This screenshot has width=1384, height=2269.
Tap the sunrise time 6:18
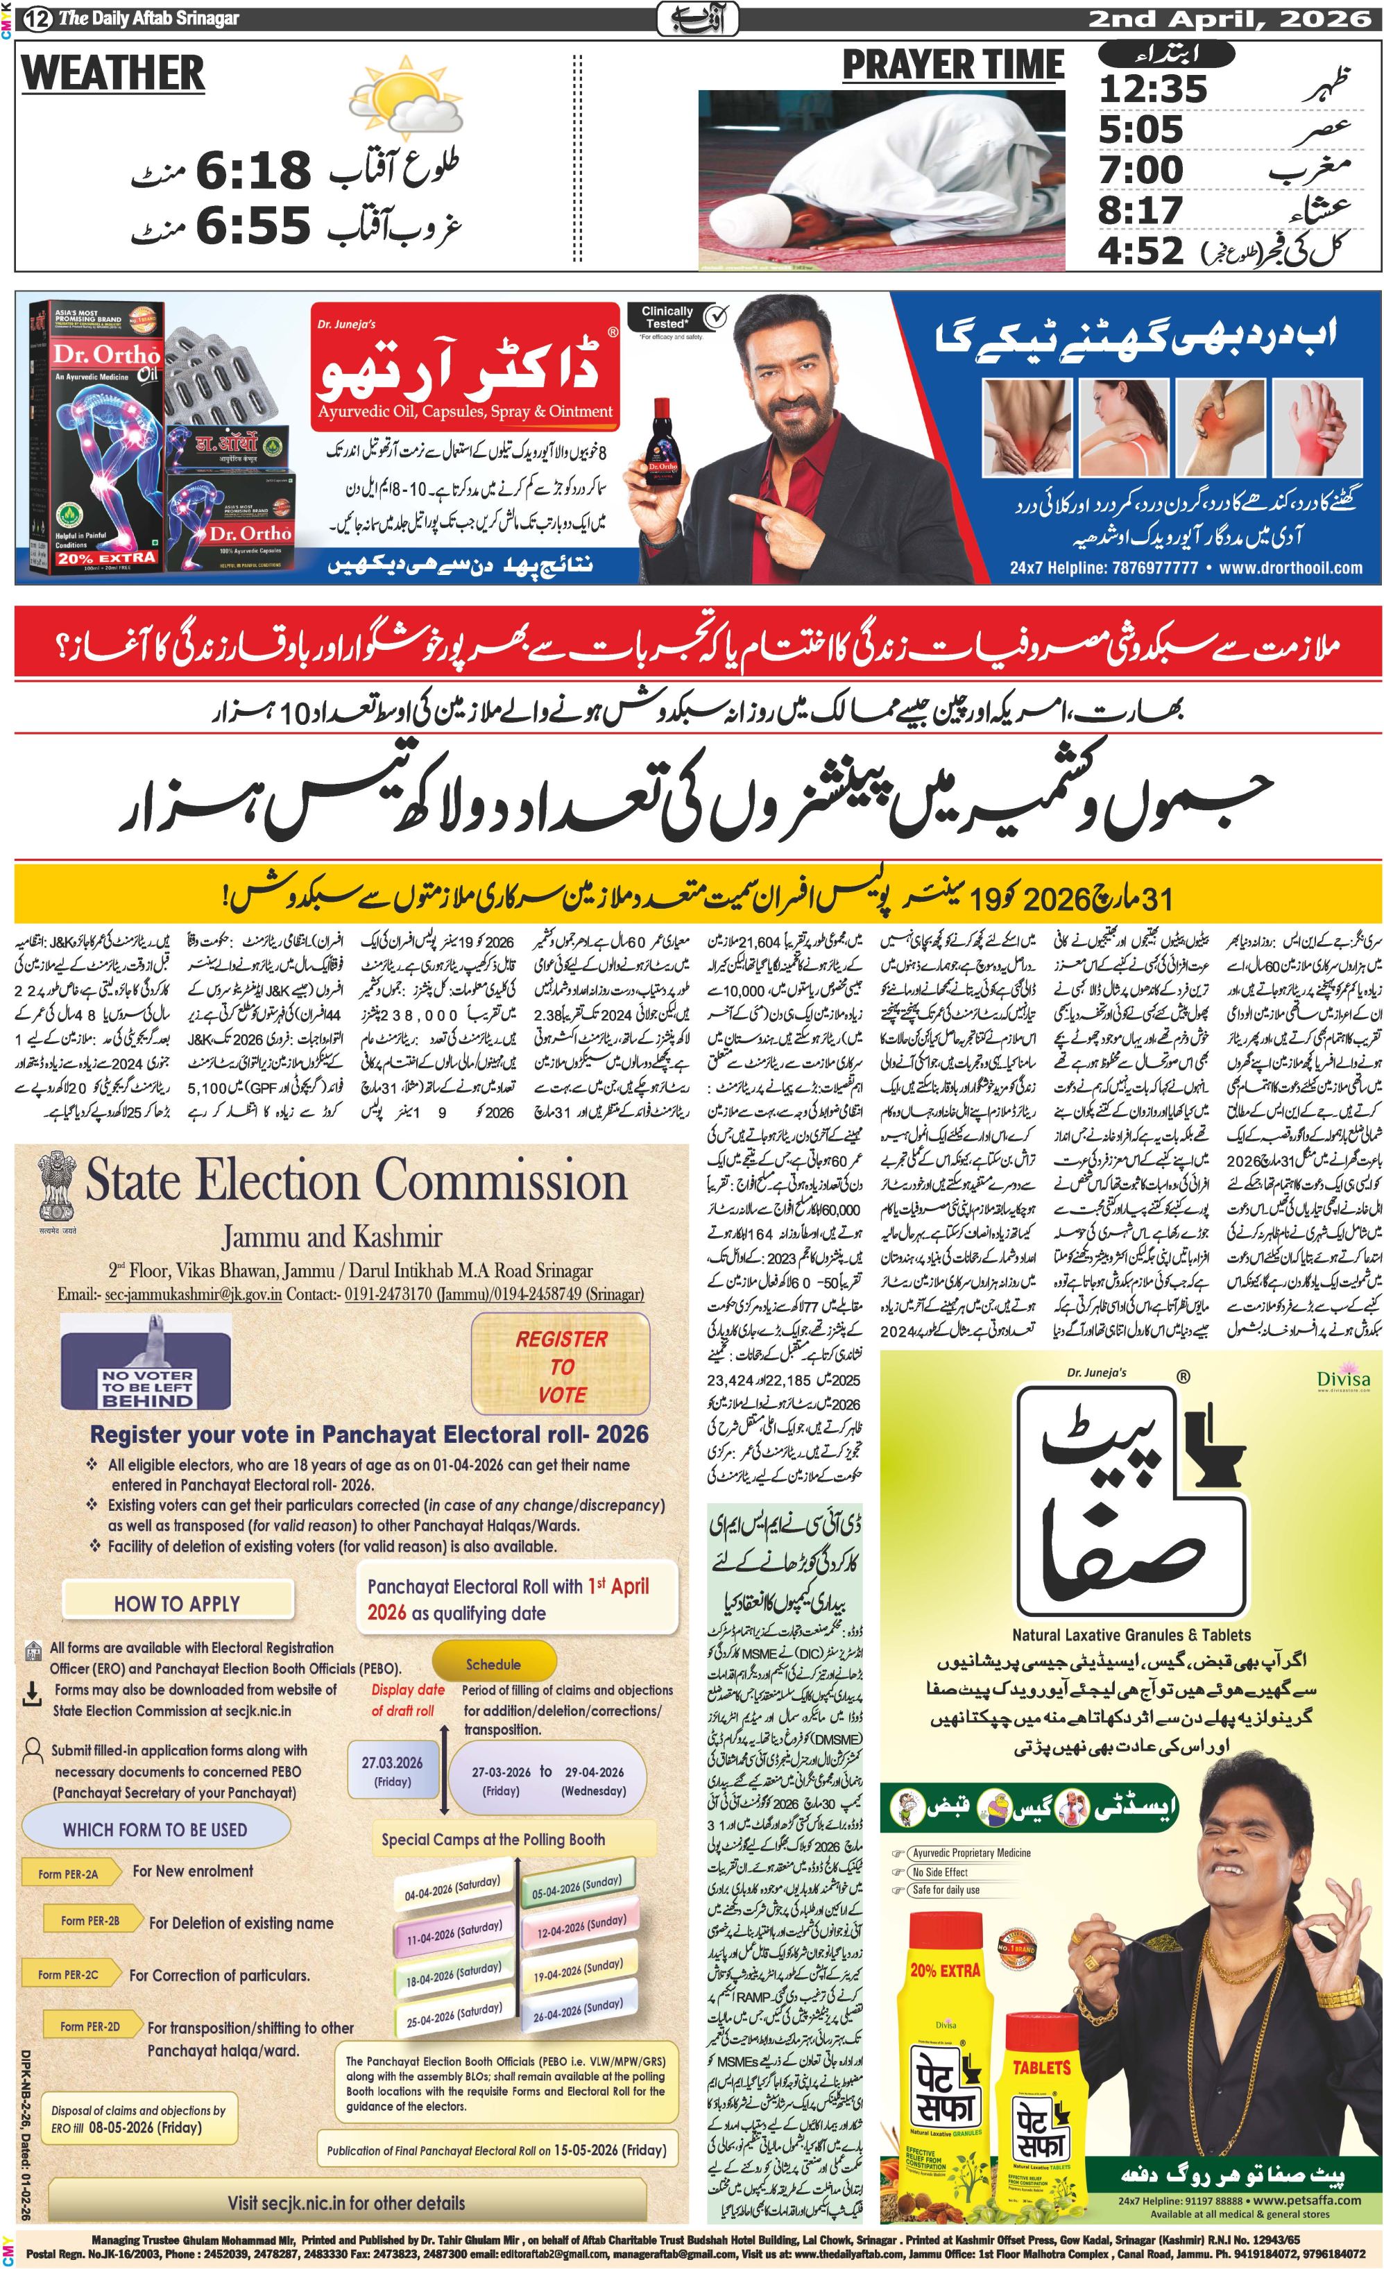(253, 171)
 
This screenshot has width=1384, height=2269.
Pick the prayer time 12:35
(1152, 89)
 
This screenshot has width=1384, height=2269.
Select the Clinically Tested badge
(675, 318)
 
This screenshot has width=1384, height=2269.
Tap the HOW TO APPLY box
(177, 1603)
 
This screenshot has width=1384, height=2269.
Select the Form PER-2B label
(90, 1921)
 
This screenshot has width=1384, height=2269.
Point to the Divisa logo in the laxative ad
(1342, 1380)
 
